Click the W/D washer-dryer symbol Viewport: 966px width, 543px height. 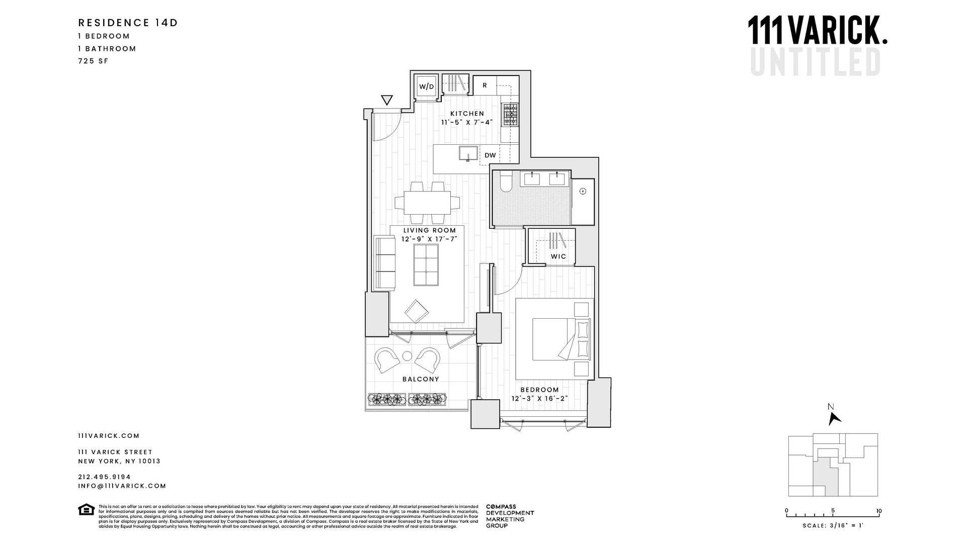click(426, 86)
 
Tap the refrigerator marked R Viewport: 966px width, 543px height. click(485, 85)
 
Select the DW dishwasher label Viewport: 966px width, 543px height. click(490, 155)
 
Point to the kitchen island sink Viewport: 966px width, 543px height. click(468, 153)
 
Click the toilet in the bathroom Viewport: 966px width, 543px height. click(506, 182)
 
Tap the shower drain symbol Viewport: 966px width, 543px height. click(583, 191)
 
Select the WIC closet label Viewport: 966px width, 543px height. click(558, 256)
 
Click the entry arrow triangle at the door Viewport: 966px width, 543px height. click(386, 100)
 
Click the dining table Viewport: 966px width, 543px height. click(427, 203)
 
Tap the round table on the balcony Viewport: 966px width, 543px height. click(407, 356)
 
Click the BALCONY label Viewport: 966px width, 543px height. click(421, 379)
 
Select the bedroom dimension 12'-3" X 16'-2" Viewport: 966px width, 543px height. click(539, 399)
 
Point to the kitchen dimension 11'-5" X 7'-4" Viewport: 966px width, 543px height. click(467, 122)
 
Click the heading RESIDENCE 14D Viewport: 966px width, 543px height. click(128, 23)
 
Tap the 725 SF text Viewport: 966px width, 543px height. click(93, 61)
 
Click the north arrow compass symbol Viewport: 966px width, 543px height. click(834, 417)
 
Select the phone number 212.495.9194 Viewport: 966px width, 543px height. click(104, 477)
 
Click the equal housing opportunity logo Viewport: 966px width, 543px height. click(86, 510)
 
